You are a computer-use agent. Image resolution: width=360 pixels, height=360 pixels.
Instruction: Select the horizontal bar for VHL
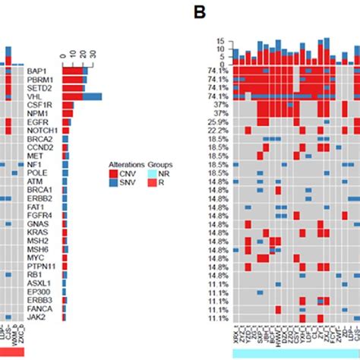pos(81,96)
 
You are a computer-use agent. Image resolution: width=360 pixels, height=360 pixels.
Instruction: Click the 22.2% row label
pos(216,131)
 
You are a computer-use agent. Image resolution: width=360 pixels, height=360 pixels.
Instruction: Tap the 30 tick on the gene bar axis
pos(93,54)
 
